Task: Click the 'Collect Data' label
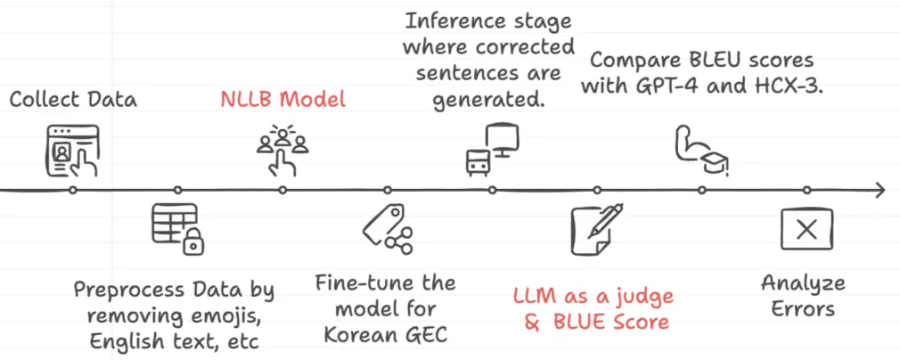[73, 98]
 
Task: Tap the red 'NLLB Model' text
[282, 98]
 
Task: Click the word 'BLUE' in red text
[578, 321]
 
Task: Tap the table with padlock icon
[178, 228]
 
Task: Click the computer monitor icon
[492, 148]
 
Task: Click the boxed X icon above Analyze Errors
[806, 230]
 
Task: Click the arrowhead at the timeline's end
[880, 190]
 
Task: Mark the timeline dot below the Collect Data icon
[73, 190]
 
